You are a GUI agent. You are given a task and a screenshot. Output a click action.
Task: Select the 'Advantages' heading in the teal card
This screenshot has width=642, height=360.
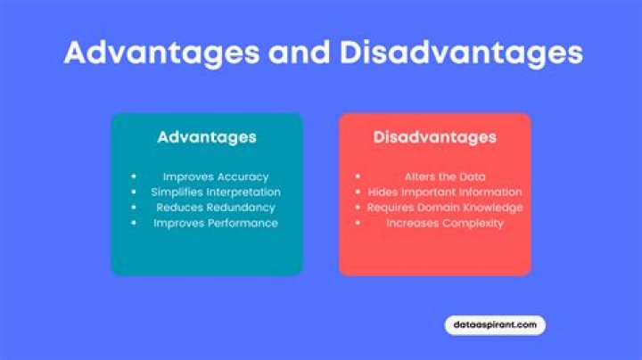207,137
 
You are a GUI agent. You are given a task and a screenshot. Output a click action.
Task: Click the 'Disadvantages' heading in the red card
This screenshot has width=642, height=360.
435,137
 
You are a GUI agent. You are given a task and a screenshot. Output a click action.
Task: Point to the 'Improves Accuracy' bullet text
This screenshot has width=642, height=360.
215,176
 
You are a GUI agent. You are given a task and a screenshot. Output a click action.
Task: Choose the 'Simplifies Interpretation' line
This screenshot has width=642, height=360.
215,192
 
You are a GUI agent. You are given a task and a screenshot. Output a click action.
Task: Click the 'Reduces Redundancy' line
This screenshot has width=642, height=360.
215,207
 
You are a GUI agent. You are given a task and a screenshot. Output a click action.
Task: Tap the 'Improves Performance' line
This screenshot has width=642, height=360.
215,223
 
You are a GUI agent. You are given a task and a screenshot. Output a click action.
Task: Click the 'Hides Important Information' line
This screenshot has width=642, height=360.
444,192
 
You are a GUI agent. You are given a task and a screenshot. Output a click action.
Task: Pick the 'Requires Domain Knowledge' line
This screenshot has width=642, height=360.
444,207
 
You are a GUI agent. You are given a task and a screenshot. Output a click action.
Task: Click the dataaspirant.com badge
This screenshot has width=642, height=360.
494,325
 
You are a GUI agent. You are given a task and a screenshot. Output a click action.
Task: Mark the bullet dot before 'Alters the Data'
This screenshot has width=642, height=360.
358,176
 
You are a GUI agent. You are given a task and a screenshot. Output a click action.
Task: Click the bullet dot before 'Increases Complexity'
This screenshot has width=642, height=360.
358,223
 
